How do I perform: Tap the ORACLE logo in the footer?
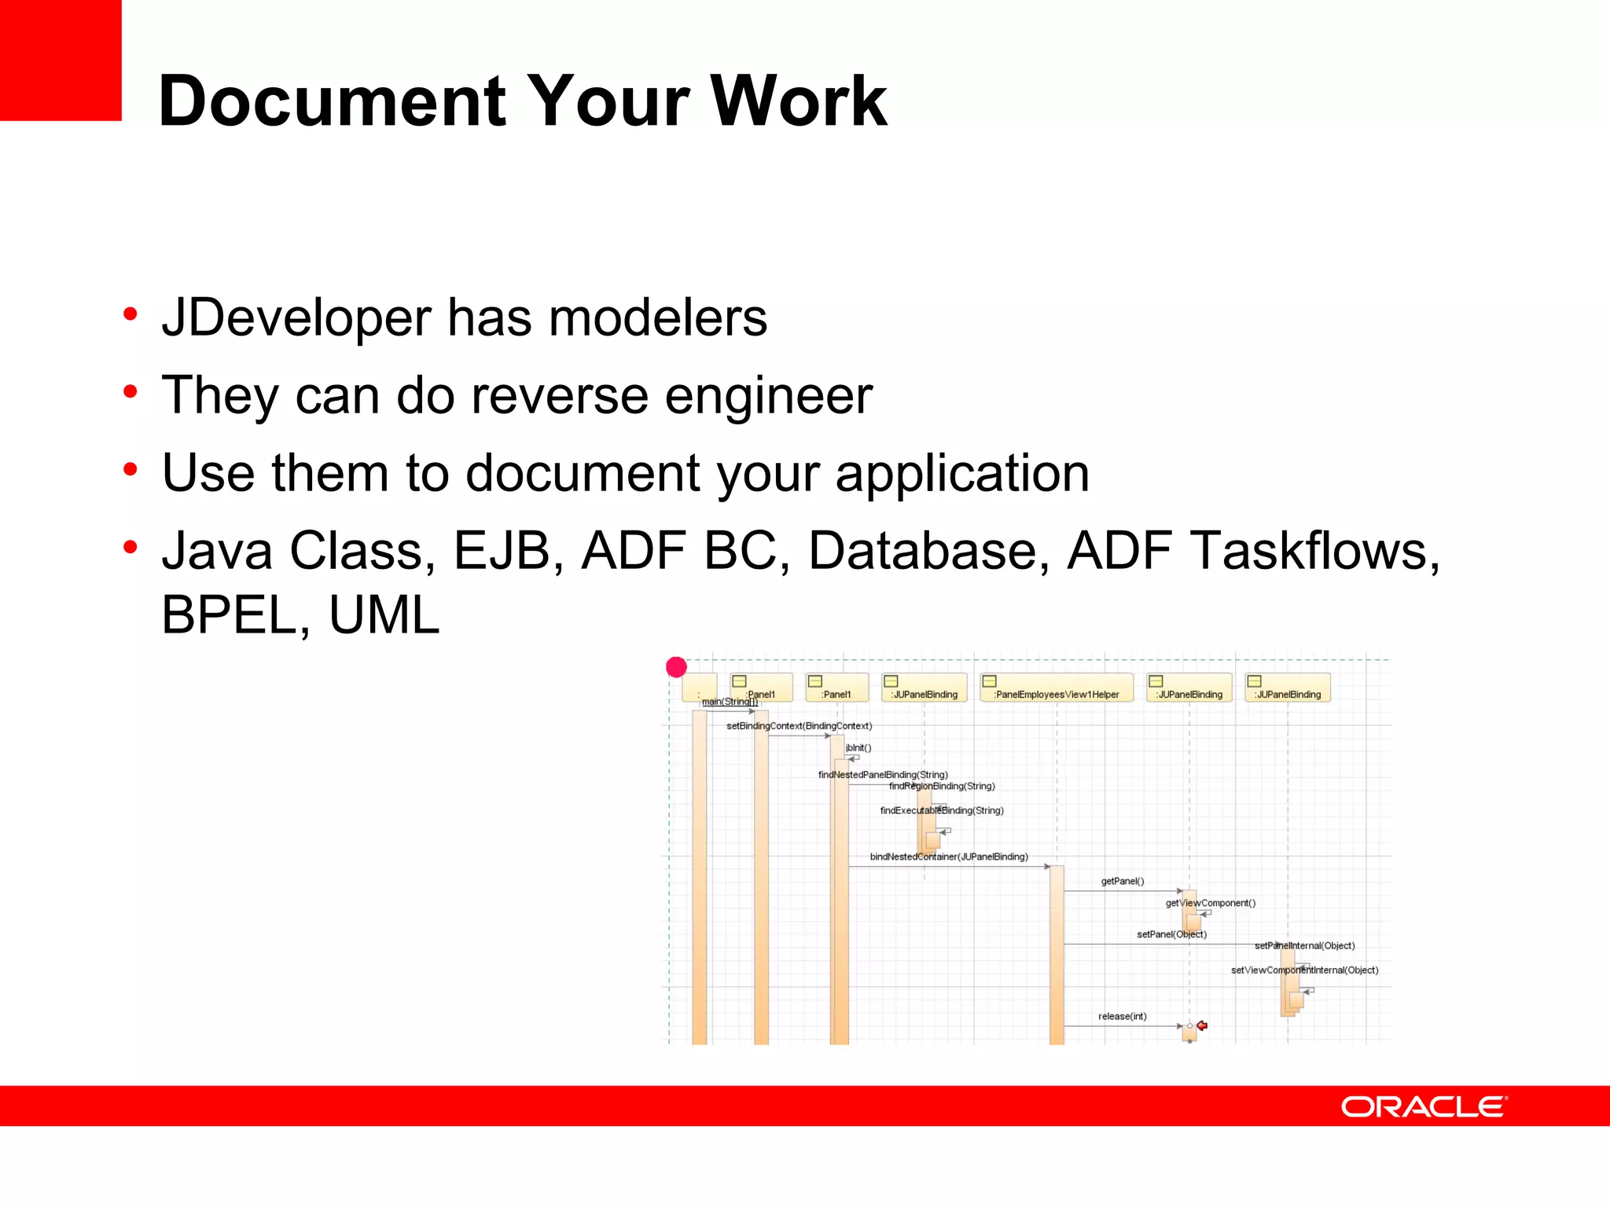[x=1423, y=1106]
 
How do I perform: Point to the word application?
[x=961, y=474]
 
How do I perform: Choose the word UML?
[x=384, y=615]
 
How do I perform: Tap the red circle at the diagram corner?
[x=676, y=667]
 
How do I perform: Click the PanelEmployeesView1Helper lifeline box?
[x=1056, y=688]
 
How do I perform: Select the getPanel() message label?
[x=1122, y=881]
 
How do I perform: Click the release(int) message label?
[x=1122, y=1016]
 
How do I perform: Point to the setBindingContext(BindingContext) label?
[x=799, y=726]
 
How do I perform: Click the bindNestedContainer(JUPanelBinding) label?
[x=948, y=857]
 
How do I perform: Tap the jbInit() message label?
[x=858, y=748]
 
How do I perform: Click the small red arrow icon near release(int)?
[x=1202, y=1025]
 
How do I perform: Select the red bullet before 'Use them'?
[x=130, y=469]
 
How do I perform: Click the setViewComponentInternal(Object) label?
[x=1304, y=970]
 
